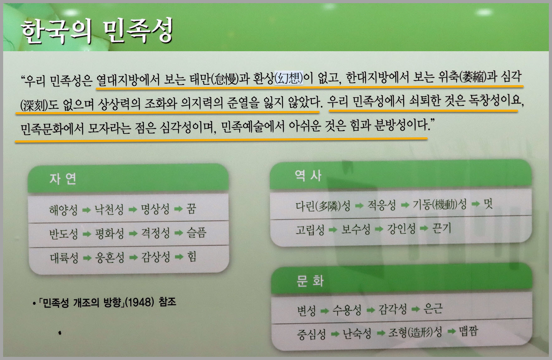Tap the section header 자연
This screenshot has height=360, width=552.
pyautogui.click(x=63, y=178)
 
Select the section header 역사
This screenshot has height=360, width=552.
pyautogui.click(x=308, y=176)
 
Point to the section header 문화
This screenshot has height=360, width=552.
pyautogui.click(x=310, y=281)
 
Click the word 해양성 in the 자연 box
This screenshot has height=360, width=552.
pyautogui.click(x=63, y=210)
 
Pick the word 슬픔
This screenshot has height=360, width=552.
pyautogui.click(x=197, y=232)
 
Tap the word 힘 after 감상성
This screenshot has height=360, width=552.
pyautogui.click(x=192, y=257)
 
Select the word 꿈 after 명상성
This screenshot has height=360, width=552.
pyautogui.click(x=191, y=208)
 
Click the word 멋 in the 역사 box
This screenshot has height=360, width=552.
pyautogui.click(x=488, y=204)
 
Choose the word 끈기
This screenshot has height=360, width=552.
pyautogui.click(x=442, y=228)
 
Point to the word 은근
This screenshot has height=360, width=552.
pyautogui.click(x=433, y=308)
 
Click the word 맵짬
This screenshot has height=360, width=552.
pyautogui.click(x=468, y=331)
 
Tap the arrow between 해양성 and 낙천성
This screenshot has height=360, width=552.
pyautogui.click(x=86, y=210)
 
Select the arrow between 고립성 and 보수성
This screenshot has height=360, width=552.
pyautogui.click(x=333, y=230)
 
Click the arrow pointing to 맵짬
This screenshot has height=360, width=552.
pyautogui.click(x=452, y=332)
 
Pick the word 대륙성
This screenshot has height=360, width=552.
pyautogui.click(x=64, y=258)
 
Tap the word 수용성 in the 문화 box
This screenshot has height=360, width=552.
pyautogui.click(x=347, y=310)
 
